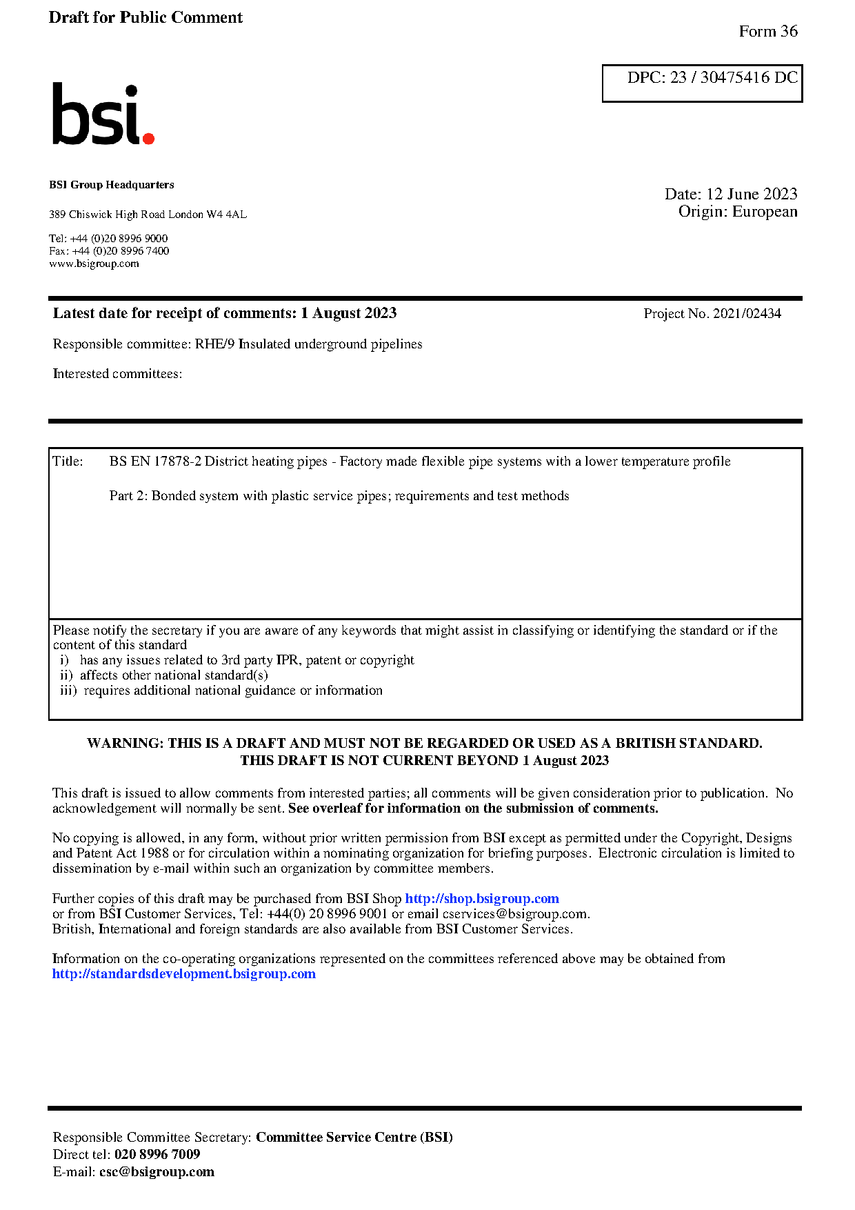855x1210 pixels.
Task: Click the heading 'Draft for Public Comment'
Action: click(x=145, y=17)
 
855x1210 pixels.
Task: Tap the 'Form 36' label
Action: click(x=767, y=31)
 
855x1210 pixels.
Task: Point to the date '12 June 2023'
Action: click(x=752, y=194)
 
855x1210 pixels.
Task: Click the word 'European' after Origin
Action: click(x=764, y=212)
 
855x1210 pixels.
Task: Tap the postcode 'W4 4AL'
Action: click(x=226, y=215)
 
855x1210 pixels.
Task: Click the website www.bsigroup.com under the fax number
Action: click(x=94, y=264)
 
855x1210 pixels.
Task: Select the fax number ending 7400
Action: click(x=121, y=251)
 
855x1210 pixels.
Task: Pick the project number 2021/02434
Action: click(x=747, y=314)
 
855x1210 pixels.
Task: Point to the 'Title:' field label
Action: click(x=68, y=462)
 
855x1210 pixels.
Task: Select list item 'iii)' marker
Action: click(x=68, y=691)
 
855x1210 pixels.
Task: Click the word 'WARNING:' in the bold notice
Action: click(x=125, y=743)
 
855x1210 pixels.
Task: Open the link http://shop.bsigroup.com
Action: click(x=481, y=898)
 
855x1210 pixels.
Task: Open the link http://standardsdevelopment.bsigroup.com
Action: click(x=183, y=974)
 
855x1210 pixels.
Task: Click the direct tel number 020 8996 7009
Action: click(x=157, y=1154)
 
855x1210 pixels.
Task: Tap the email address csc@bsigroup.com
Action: click(x=157, y=1171)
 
